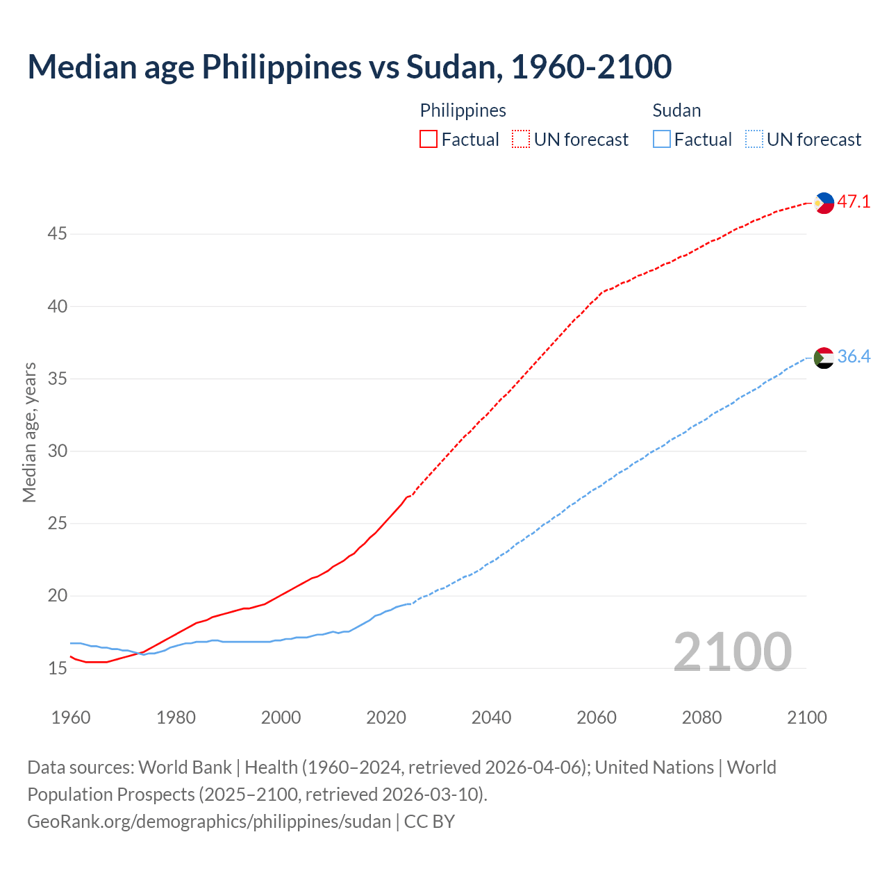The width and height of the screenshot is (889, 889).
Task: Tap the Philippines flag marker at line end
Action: [x=824, y=203]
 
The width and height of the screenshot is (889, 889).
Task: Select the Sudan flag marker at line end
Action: [x=824, y=358]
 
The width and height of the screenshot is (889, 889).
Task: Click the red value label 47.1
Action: [x=854, y=202]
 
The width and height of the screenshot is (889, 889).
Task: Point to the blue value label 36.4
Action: [x=854, y=357]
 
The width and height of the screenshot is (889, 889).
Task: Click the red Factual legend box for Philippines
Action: [x=429, y=140]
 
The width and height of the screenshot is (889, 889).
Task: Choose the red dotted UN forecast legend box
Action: [x=521, y=140]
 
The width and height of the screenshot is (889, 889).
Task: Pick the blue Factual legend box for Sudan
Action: [x=662, y=140]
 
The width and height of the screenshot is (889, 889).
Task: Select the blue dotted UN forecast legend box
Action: [x=754, y=140]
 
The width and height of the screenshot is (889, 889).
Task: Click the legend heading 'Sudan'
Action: [x=676, y=110]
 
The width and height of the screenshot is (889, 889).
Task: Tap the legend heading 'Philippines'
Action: [x=463, y=110]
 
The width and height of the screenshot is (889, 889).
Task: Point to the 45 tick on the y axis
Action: [x=57, y=234]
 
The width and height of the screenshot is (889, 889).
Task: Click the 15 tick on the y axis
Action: [x=57, y=669]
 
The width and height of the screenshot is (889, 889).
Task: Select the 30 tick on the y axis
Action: [x=57, y=451]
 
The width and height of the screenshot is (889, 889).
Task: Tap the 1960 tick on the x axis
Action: [x=71, y=717]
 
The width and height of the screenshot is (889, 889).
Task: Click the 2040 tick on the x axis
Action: [x=491, y=717]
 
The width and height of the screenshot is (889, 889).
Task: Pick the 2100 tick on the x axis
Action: [x=806, y=717]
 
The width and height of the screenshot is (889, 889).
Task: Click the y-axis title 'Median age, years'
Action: [x=29, y=432]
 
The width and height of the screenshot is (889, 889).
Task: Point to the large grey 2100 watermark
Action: [x=732, y=651]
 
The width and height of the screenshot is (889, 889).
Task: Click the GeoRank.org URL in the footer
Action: [x=209, y=822]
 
